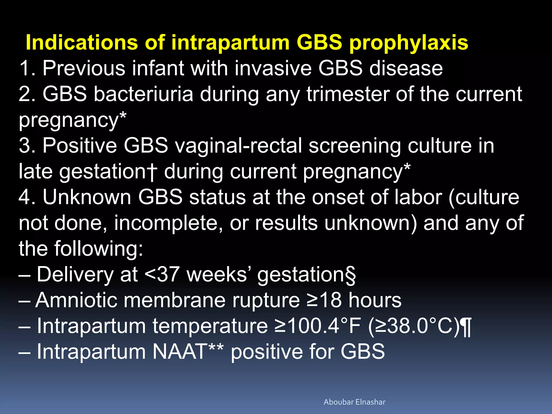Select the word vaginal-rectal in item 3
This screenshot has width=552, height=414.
coord(238,146)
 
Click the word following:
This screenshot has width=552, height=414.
coord(98,249)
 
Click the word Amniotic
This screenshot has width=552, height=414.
coord(76,300)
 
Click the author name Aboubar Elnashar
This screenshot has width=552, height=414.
coord(354,402)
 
